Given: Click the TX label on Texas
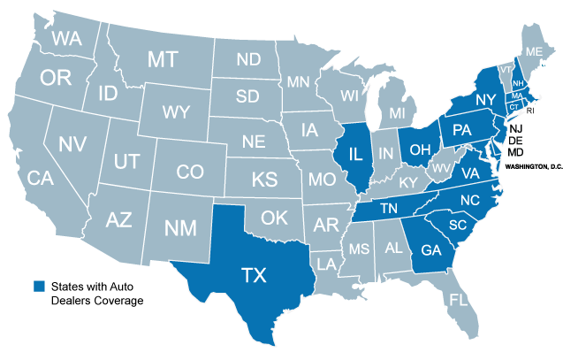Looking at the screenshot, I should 254,275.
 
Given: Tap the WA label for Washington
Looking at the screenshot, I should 68,38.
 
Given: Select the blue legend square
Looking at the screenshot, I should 39,286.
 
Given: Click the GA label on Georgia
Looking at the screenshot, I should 430,249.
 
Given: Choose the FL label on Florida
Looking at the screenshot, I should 458,300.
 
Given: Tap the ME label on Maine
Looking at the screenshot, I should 533,52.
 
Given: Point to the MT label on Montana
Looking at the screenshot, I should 162,60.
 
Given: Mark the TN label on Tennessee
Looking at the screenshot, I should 389,210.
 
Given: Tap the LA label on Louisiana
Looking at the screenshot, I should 326,264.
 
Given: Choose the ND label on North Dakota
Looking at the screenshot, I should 248,60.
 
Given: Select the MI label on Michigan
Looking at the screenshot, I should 398,114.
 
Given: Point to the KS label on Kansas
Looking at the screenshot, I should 263,180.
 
